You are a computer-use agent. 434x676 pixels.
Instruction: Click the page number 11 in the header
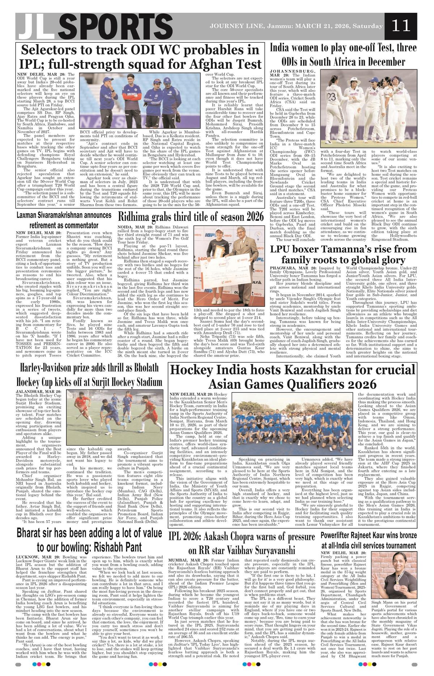click(x=401, y=26)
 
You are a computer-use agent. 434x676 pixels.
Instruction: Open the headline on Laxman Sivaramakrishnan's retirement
click(x=64, y=220)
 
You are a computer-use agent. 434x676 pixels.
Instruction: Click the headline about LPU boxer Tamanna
click(x=343, y=254)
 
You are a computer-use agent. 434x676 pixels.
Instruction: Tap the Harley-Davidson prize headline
click(x=89, y=375)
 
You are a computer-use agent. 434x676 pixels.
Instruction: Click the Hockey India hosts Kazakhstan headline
click(x=293, y=376)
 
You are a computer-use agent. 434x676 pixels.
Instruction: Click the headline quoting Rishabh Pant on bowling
click(x=89, y=540)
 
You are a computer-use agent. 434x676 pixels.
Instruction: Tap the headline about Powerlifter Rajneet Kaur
click(x=369, y=540)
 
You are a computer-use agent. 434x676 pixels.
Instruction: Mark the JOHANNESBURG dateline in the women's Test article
click(x=293, y=71)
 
